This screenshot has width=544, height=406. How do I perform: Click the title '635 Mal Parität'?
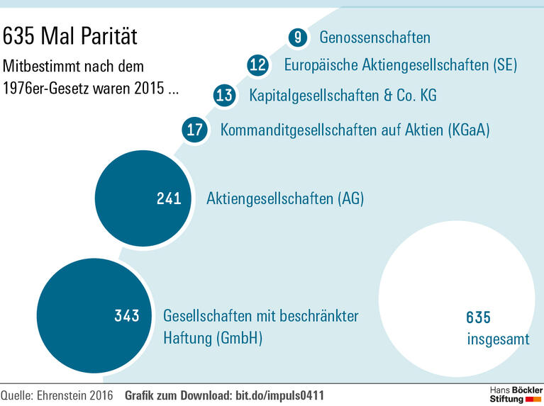point(70,36)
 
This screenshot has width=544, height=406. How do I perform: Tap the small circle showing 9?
point(299,38)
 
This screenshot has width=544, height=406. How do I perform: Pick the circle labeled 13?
point(224,95)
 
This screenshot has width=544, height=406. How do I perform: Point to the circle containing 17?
point(194,130)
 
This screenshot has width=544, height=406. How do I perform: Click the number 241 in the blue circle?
point(169,199)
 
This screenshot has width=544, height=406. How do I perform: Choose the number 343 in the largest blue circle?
point(127,316)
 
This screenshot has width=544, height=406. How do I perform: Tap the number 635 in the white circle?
point(478,317)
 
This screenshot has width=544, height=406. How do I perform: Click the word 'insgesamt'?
point(498,339)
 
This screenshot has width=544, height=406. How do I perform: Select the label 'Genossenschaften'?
point(374,38)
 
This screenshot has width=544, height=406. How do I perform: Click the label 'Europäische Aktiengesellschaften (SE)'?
point(400,66)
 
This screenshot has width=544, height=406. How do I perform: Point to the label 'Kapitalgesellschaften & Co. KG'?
point(343,95)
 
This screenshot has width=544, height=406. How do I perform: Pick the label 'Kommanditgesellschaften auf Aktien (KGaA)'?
point(355,130)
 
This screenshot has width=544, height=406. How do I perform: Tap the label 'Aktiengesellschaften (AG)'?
point(284,199)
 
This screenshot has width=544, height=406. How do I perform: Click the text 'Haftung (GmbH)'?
point(213,338)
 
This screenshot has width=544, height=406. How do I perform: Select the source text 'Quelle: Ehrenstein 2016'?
point(58,394)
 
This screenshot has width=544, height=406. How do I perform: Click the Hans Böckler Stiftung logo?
point(515,395)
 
